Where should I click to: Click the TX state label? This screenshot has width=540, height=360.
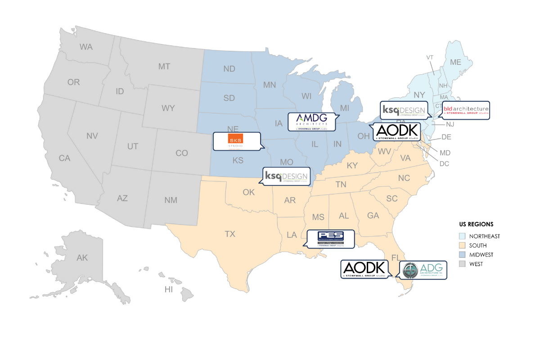[x=230, y=234]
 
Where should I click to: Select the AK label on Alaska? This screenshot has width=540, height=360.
[x=82, y=258]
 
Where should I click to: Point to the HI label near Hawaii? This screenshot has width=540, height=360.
[x=169, y=289]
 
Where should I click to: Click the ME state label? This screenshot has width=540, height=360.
[x=455, y=62]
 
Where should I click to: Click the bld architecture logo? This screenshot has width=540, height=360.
[x=466, y=110]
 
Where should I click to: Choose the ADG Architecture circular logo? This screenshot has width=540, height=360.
[x=410, y=270]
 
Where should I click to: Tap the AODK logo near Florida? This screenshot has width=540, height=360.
[x=364, y=269]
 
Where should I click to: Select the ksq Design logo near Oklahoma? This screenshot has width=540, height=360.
[x=286, y=176]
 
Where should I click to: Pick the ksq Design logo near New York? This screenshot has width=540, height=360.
[x=403, y=110]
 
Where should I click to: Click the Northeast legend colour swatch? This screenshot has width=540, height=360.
[x=462, y=236]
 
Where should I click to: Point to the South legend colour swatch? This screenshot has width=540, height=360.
[x=462, y=246]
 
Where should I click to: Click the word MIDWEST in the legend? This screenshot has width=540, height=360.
[x=481, y=255]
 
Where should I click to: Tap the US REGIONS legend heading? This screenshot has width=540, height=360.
[x=476, y=224]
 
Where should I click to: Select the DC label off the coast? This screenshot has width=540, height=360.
[x=444, y=164]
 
